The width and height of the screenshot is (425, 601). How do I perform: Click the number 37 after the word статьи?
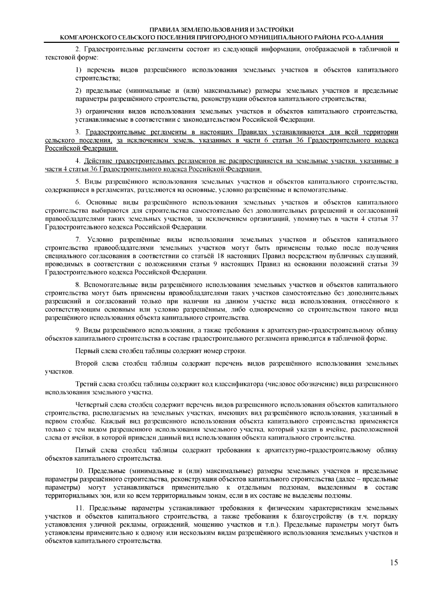394,219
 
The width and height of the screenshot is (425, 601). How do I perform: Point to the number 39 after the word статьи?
394,265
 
